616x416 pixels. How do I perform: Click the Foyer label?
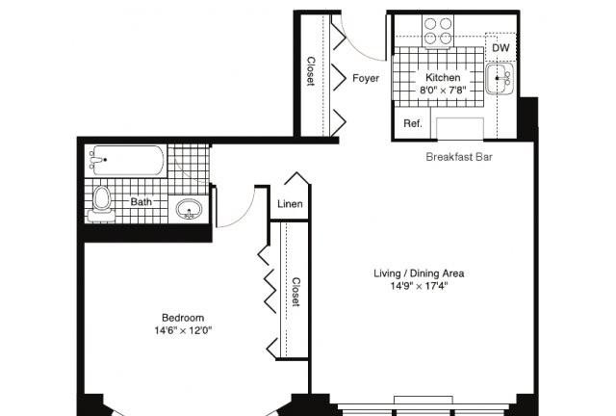(x=366, y=78)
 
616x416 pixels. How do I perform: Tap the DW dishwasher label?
(x=500, y=48)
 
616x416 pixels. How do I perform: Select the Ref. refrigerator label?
(x=413, y=123)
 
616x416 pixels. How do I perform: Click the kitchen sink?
(x=500, y=79)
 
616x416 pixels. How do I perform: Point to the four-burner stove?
(x=438, y=31)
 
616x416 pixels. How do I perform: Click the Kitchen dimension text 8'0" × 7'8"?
(x=443, y=91)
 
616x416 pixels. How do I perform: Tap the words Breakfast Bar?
(x=459, y=157)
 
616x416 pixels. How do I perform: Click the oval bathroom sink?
(x=189, y=209)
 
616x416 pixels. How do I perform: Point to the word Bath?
(x=141, y=201)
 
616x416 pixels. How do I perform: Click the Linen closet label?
(x=290, y=204)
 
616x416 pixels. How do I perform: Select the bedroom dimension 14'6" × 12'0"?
(x=183, y=330)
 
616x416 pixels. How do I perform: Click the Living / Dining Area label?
(x=419, y=273)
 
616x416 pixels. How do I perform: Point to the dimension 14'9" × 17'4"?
(x=419, y=286)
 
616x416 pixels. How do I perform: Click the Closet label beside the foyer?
(x=311, y=71)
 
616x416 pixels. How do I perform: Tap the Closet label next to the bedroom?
(x=295, y=292)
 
